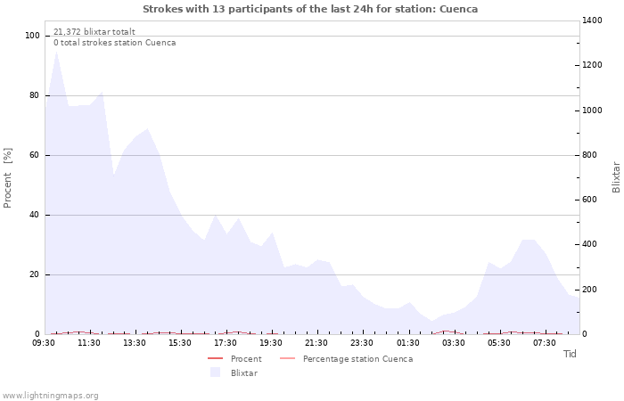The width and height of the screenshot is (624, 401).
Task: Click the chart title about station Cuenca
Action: (x=310, y=9)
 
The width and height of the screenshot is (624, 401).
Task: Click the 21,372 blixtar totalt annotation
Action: (x=94, y=31)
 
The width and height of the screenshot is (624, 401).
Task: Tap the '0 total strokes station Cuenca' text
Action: (x=114, y=43)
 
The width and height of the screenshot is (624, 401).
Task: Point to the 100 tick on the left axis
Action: (x=33, y=36)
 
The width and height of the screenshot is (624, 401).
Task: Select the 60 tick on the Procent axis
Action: (x=35, y=155)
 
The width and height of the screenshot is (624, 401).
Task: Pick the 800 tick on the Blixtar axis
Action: (x=592, y=155)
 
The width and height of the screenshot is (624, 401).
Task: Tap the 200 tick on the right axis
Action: (x=592, y=290)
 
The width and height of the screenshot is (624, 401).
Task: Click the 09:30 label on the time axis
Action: (x=45, y=342)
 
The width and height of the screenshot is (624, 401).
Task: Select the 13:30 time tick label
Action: (x=135, y=342)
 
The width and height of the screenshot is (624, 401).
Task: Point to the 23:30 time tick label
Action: (x=363, y=342)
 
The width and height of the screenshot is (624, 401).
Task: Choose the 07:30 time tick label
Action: (x=545, y=342)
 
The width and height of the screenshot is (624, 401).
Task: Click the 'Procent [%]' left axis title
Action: (x=9, y=178)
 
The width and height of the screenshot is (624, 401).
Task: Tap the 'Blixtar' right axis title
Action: (x=616, y=176)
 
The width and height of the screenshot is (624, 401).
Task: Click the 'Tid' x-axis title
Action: (x=570, y=354)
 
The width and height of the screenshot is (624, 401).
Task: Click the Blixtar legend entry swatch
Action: (x=215, y=372)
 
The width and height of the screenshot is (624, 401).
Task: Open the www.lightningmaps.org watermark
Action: (x=51, y=396)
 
